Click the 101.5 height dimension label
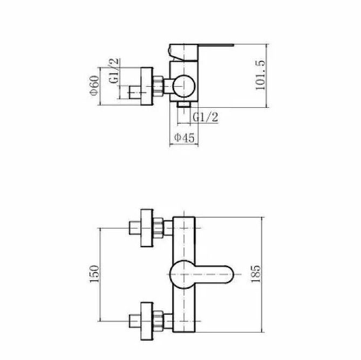point(261,75)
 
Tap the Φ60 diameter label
point(94,85)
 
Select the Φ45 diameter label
point(184,138)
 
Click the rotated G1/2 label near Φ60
point(114,71)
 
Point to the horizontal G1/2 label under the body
point(206,117)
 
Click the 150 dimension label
point(94,274)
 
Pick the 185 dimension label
point(256,274)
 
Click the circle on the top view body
point(184,86)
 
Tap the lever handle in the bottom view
point(202,274)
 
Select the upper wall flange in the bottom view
point(147,228)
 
